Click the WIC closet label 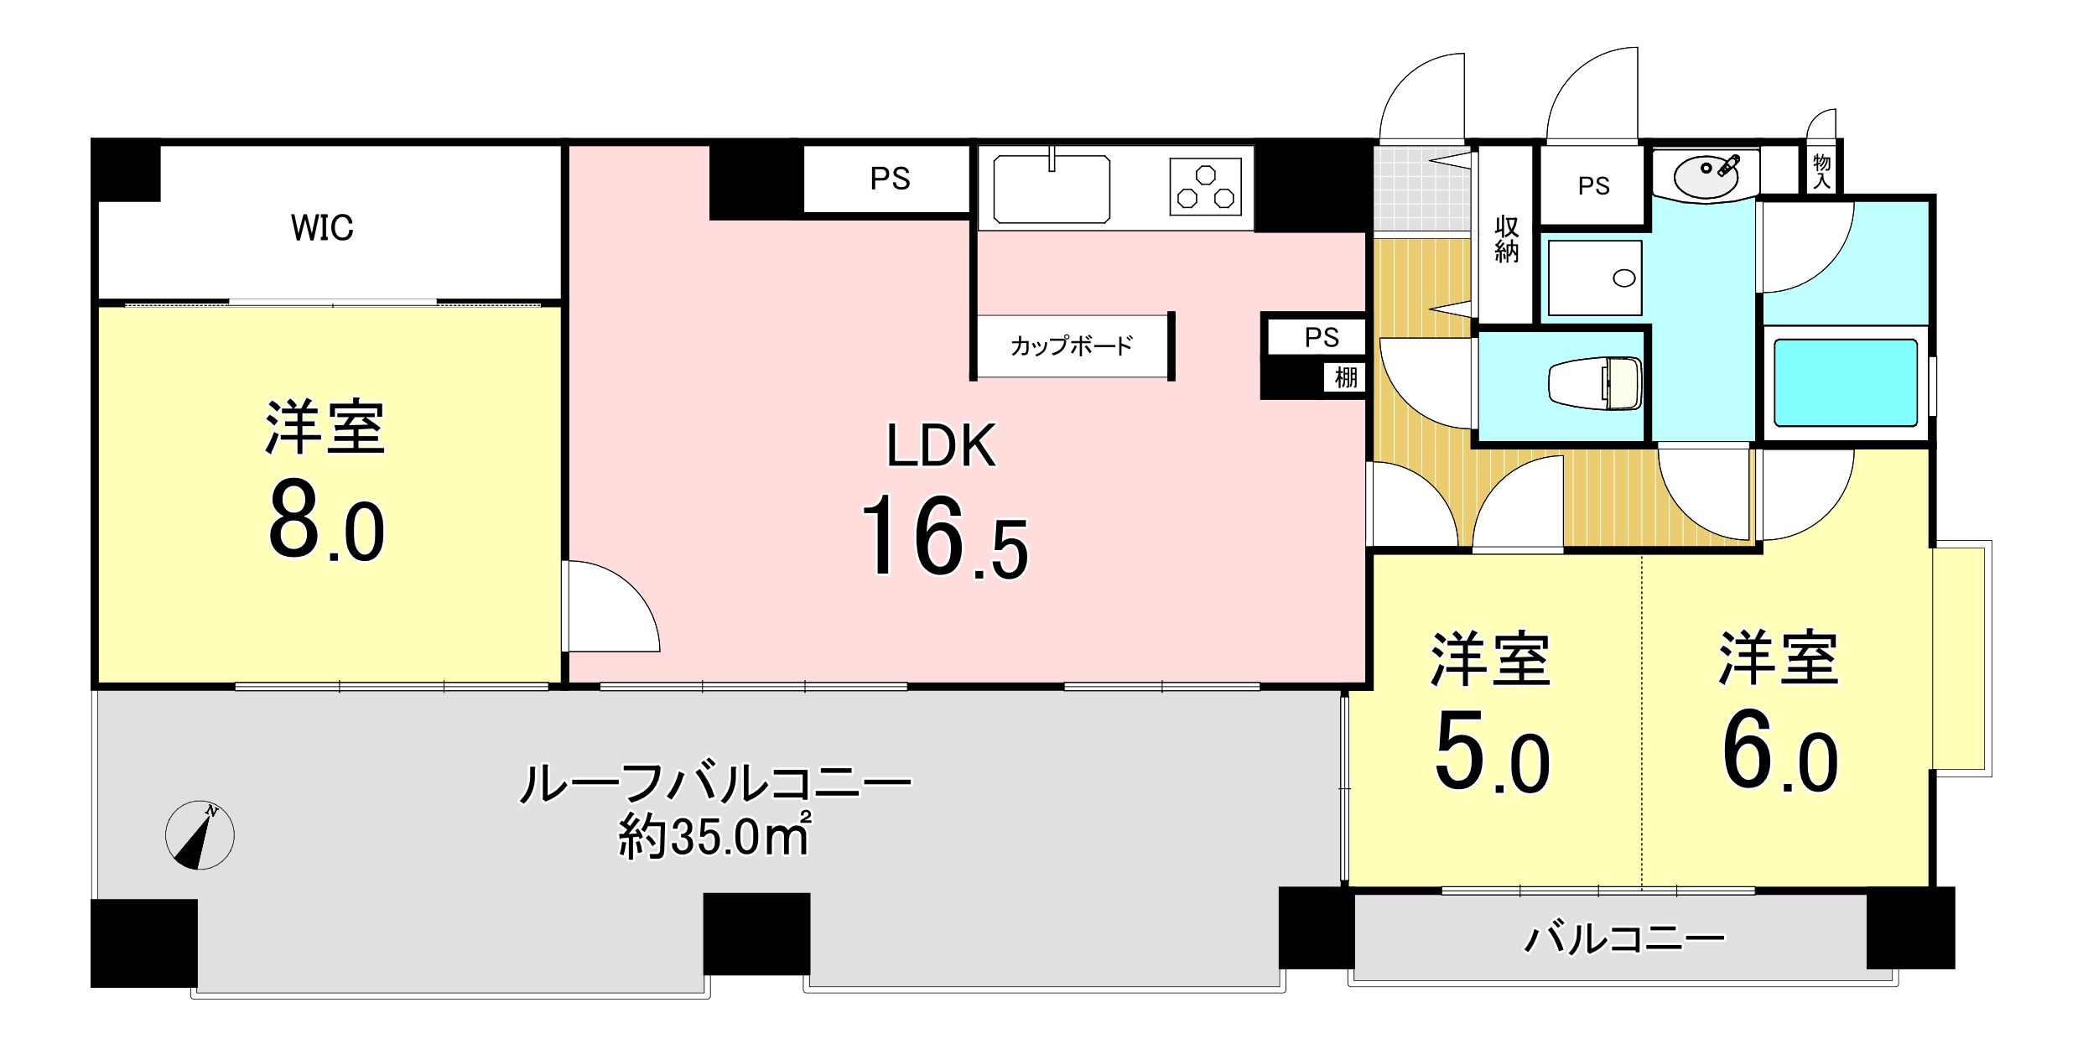(322, 227)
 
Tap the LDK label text (941, 445)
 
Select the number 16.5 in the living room (944, 537)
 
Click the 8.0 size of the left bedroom (326, 522)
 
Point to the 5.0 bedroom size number (1492, 753)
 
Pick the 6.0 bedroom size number (1779, 753)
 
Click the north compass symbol (200, 835)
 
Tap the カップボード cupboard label (1072, 345)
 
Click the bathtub (1846, 382)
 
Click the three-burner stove (1206, 188)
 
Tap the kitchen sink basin (1052, 189)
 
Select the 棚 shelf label (1345, 378)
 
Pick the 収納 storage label (1506, 240)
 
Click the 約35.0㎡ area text (714, 835)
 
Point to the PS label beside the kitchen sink (890, 179)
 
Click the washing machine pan (1595, 278)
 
